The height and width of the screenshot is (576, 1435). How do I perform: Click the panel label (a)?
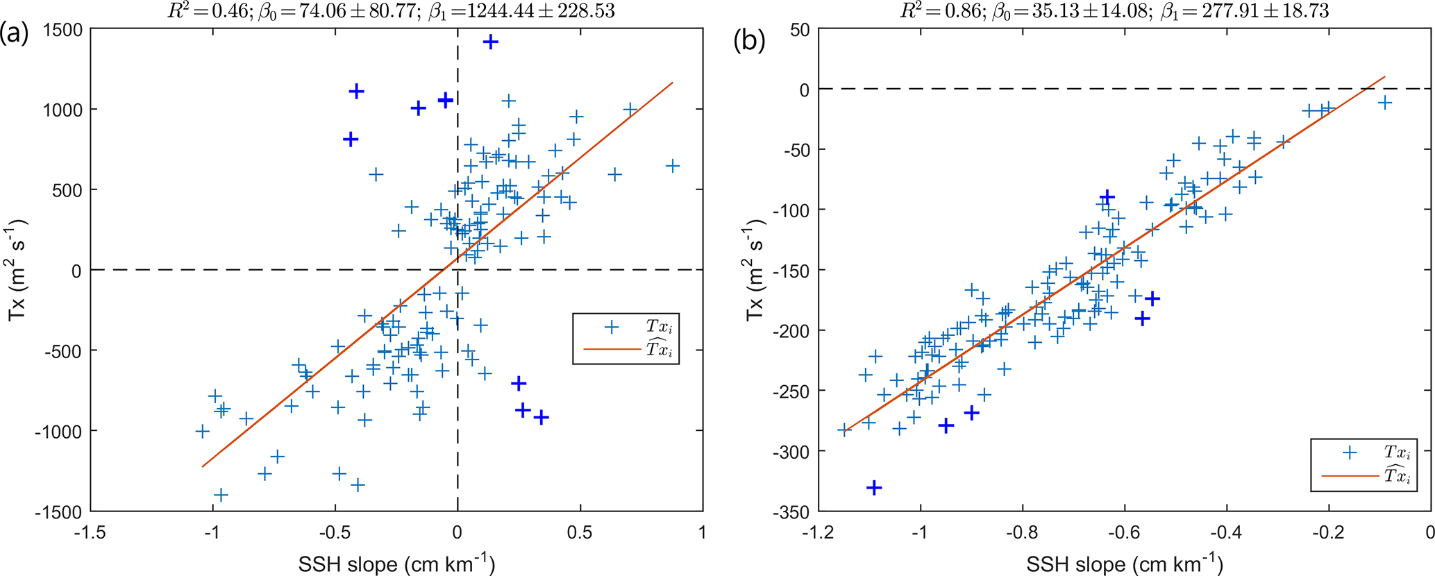(15, 33)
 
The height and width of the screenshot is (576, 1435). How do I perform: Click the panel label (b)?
(749, 41)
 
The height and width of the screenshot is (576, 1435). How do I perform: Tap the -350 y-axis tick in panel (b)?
(791, 511)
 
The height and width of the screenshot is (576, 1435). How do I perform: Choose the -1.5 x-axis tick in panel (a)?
(90, 532)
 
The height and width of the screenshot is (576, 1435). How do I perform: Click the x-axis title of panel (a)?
(396, 563)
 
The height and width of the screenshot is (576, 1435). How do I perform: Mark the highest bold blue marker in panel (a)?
(491, 42)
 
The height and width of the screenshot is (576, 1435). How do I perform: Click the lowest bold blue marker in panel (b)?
(874, 488)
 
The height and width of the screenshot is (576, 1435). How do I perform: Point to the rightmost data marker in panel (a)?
(672, 166)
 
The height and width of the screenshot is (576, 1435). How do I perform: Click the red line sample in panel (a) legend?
(611, 349)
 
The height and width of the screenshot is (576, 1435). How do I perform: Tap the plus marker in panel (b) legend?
(1350, 453)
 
